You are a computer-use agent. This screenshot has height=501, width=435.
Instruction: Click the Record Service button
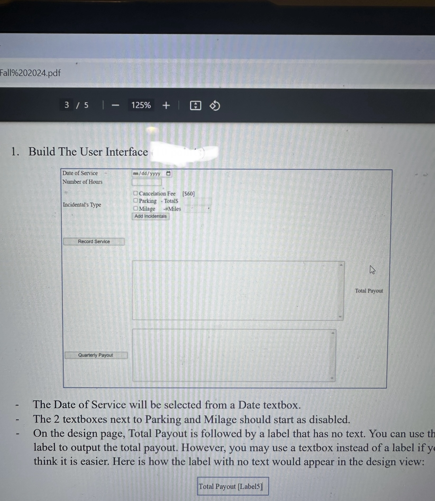tap(94, 241)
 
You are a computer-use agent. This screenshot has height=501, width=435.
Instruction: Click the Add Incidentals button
tap(150, 216)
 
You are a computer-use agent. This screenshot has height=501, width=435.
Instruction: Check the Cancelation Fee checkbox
tap(136, 193)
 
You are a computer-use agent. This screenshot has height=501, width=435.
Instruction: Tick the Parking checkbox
tap(136, 201)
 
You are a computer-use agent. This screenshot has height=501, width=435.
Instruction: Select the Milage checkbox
tap(136, 208)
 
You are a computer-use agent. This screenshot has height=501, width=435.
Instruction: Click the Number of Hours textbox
tap(146, 182)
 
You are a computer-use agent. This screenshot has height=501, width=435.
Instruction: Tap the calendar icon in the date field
tap(168, 174)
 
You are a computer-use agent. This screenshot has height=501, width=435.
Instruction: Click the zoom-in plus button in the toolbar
tap(166, 105)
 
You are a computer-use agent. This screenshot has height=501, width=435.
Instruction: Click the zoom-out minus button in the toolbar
tap(115, 105)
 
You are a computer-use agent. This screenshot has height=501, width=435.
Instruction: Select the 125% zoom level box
tap(141, 105)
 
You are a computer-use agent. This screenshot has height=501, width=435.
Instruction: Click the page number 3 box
tap(67, 105)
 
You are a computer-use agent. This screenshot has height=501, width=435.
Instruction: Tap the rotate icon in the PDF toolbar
tap(215, 106)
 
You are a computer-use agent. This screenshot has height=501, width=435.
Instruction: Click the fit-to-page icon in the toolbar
tap(195, 106)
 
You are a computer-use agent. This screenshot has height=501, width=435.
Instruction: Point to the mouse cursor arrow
tap(372, 270)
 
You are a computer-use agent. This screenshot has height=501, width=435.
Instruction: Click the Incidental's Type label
tap(82, 205)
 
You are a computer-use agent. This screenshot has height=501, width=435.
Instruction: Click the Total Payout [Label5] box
tap(233, 486)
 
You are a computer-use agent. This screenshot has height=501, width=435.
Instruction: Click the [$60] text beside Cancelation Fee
tap(188, 194)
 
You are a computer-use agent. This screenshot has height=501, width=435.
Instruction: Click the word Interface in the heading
tap(127, 152)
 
